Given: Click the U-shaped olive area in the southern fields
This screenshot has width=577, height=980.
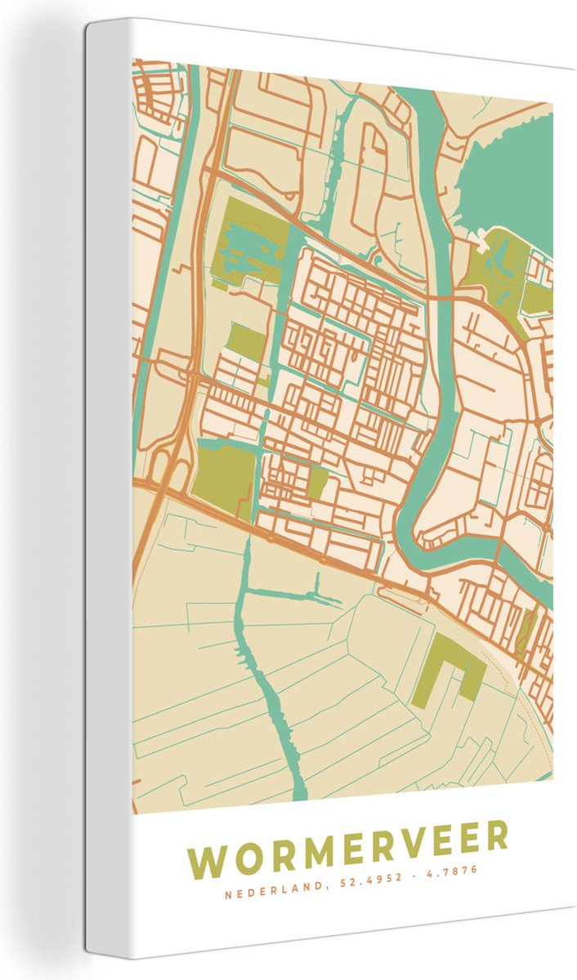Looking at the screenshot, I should point(445,666).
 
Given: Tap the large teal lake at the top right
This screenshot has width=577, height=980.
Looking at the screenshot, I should point(511,176).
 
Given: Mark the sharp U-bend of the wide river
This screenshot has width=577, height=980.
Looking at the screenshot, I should point(425,523).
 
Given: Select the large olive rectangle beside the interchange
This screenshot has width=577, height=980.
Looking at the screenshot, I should point(224,474).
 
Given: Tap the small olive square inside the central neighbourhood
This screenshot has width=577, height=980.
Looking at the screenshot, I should point(317,482).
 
